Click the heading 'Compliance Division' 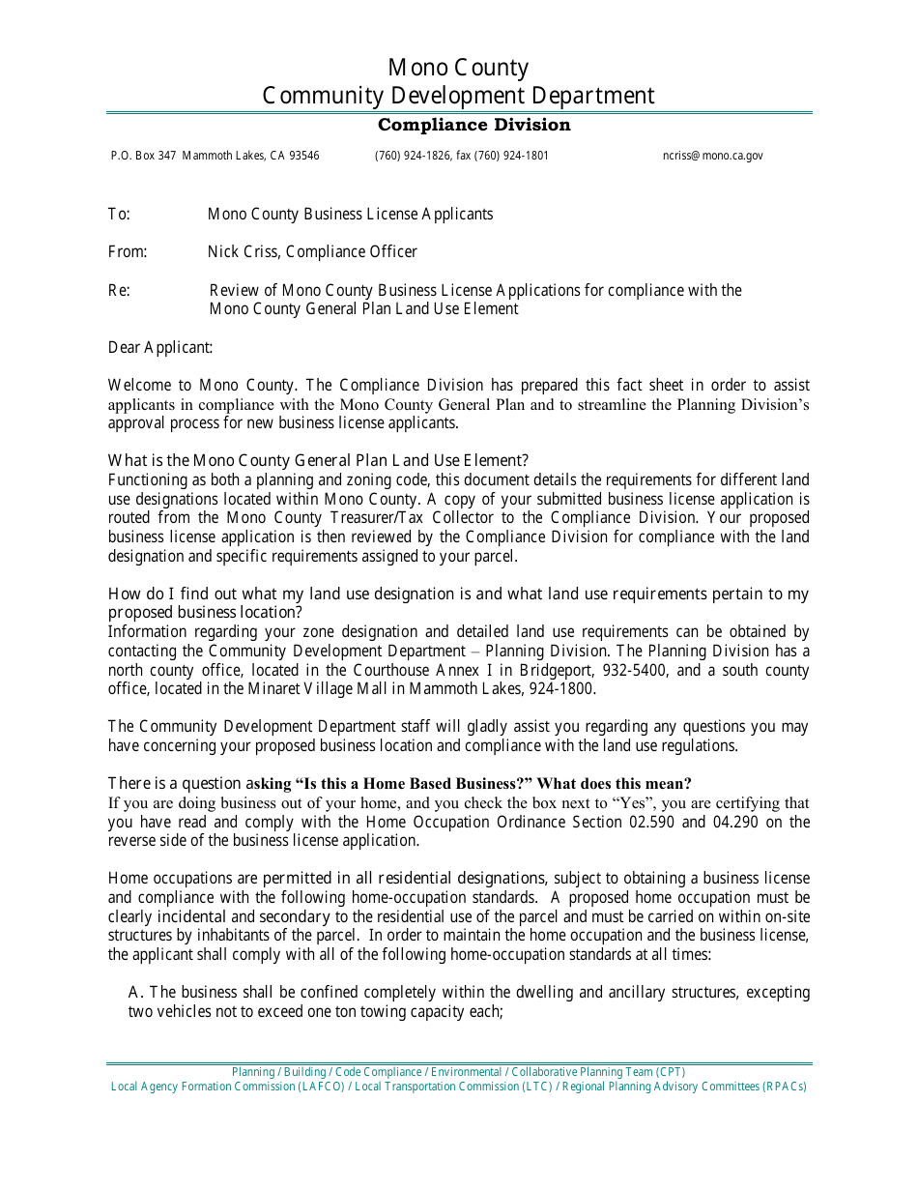(473, 125)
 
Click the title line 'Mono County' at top (458, 68)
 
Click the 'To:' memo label (119, 215)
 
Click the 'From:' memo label (127, 252)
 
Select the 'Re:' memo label (119, 291)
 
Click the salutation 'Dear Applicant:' (160, 348)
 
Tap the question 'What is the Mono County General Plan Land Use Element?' (318, 461)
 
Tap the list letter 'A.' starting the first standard (136, 993)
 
